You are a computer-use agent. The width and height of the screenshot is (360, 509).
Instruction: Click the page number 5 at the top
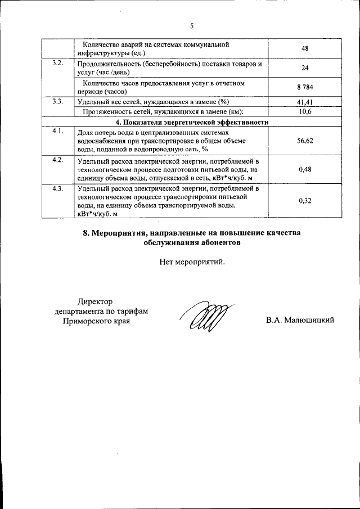191,26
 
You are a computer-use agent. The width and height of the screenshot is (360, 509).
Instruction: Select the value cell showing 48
305,48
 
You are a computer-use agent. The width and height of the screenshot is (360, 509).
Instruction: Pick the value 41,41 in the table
305,102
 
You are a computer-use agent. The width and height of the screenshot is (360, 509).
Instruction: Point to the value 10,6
305,112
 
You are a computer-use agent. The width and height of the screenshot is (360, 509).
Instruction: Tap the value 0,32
305,200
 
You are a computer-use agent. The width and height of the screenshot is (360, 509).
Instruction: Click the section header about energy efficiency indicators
191,122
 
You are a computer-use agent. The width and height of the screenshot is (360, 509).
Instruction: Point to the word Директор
96,302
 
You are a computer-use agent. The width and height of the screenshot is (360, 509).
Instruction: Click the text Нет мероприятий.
192,262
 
